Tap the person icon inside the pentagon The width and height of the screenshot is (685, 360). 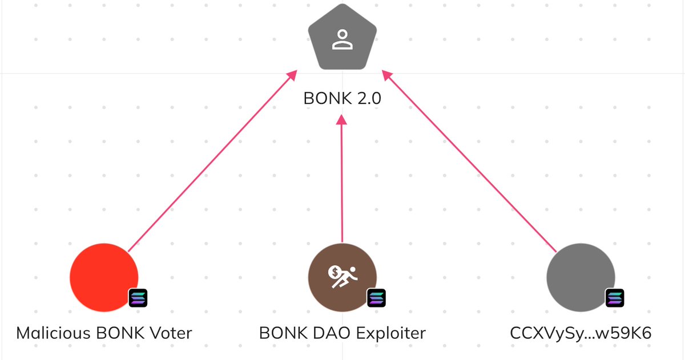(x=342, y=39)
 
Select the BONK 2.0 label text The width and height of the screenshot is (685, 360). (x=342, y=98)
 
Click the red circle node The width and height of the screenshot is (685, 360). (x=104, y=277)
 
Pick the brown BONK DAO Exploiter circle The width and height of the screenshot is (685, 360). (x=342, y=277)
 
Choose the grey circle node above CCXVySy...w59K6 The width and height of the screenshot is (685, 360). (x=581, y=277)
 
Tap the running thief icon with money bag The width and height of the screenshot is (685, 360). (x=342, y=277)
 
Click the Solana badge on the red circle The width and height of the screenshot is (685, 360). (x=138, y=298)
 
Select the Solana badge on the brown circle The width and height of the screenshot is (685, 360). (x=376, y=298)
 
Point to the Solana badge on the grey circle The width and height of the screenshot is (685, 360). (x=615, y=298)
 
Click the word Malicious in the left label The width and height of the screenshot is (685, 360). (x=53, y=333)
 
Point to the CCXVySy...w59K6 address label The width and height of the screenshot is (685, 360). (x=581, y=333)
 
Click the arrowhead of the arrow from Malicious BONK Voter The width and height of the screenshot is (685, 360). (x=292, y=75)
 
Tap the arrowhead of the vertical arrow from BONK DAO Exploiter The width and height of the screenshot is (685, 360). (x=341, y=120)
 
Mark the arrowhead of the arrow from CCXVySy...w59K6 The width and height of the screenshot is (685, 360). (x=388, y=75)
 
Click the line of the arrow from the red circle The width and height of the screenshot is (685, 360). (x=212, y=161)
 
